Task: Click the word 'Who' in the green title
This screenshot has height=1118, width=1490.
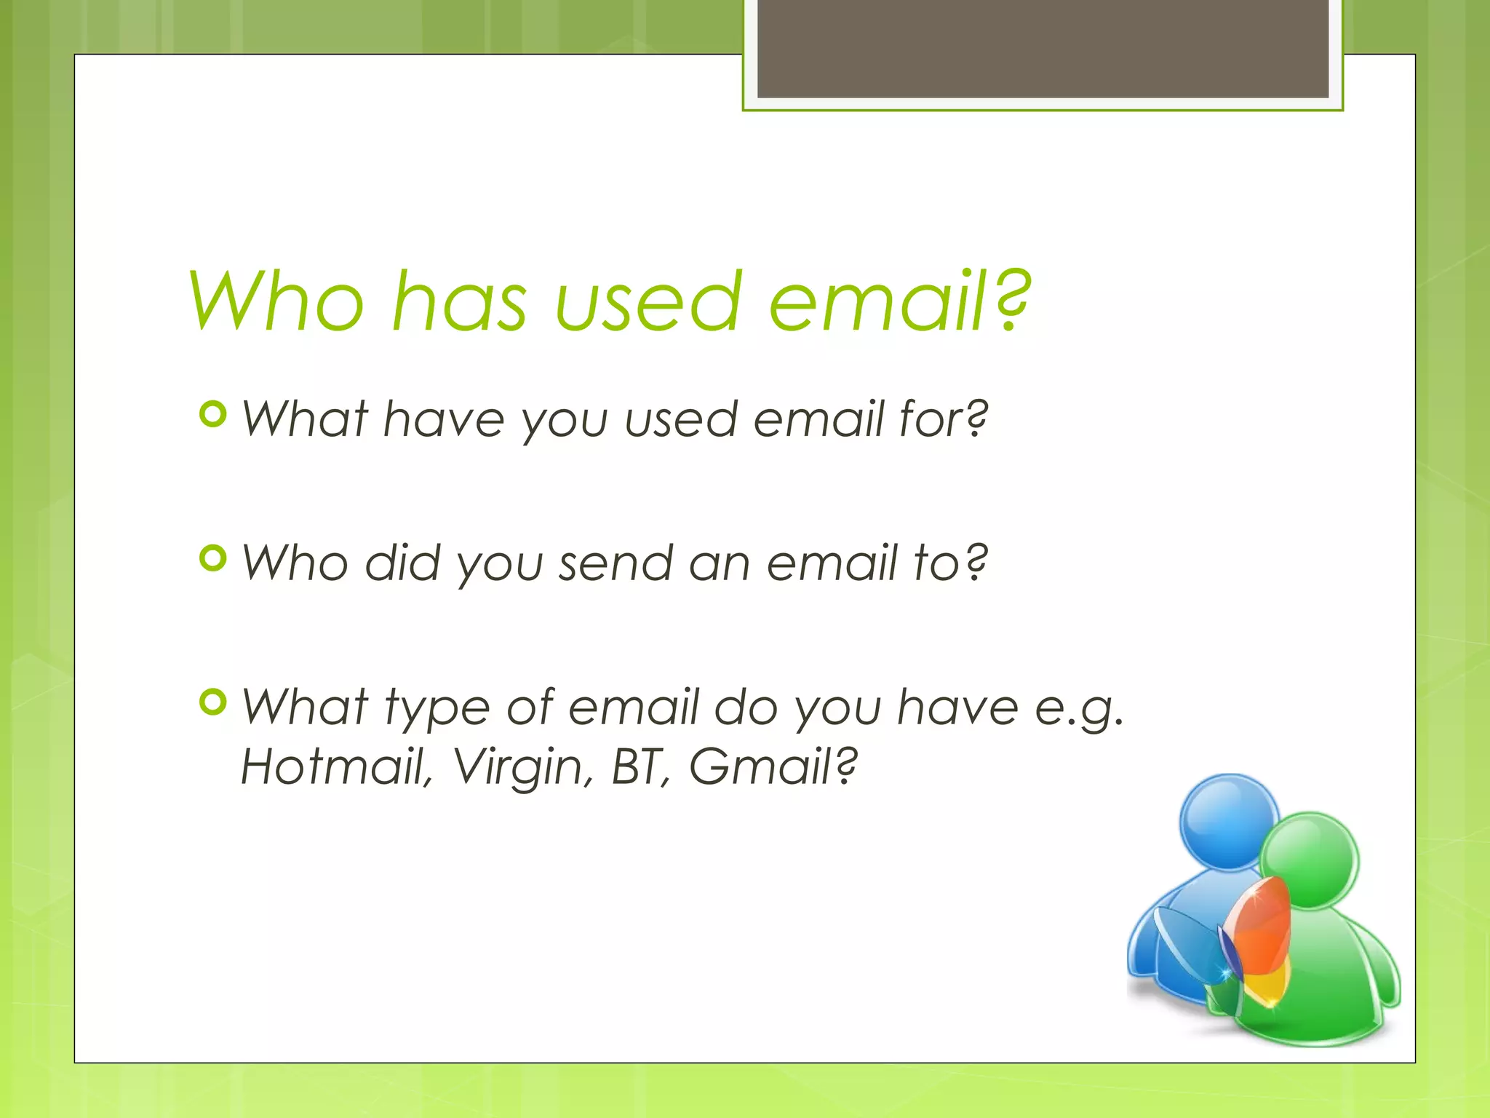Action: coord(277,301)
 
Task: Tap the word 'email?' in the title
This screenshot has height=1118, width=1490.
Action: coord(899,301)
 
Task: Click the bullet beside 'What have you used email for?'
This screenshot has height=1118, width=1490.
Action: coord(212,415)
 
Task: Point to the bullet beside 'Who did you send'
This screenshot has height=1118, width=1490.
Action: coord(212,559)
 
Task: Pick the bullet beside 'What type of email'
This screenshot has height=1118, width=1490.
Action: coord(212,702)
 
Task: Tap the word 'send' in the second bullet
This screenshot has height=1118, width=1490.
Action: coord(615,564)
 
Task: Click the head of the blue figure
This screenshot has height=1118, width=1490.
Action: coord(1228,821)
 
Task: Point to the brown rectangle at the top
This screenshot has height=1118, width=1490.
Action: coord(1043,48)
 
